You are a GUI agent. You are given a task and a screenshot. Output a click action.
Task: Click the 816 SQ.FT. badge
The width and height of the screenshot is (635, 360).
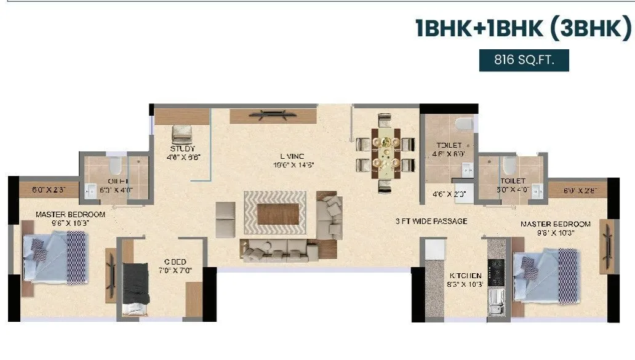pyautogui.click(x=524, y=60)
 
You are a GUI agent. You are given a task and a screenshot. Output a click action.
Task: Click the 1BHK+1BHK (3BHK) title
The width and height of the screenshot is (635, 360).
pyautogui.click(x=523, y=29)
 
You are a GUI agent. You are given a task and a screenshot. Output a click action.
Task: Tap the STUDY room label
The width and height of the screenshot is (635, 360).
pyautogui.click(x=183, y=148)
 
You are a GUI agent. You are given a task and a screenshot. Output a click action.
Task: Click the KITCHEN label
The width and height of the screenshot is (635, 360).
pyautogui.click(x=465, y=275)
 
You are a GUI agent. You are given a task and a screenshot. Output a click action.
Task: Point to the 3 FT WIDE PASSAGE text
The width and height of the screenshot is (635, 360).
pyautogui.click(x=431, y=221)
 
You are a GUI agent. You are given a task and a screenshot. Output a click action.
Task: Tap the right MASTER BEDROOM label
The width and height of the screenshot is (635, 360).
pyautogui.click(x=556, y=224)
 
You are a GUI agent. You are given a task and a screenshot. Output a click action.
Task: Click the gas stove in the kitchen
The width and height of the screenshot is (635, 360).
pyautogui.click(x=497, y=270)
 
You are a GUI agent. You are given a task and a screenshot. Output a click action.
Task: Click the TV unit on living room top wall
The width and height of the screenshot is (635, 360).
pyautogui.click(x=274, y=114)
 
